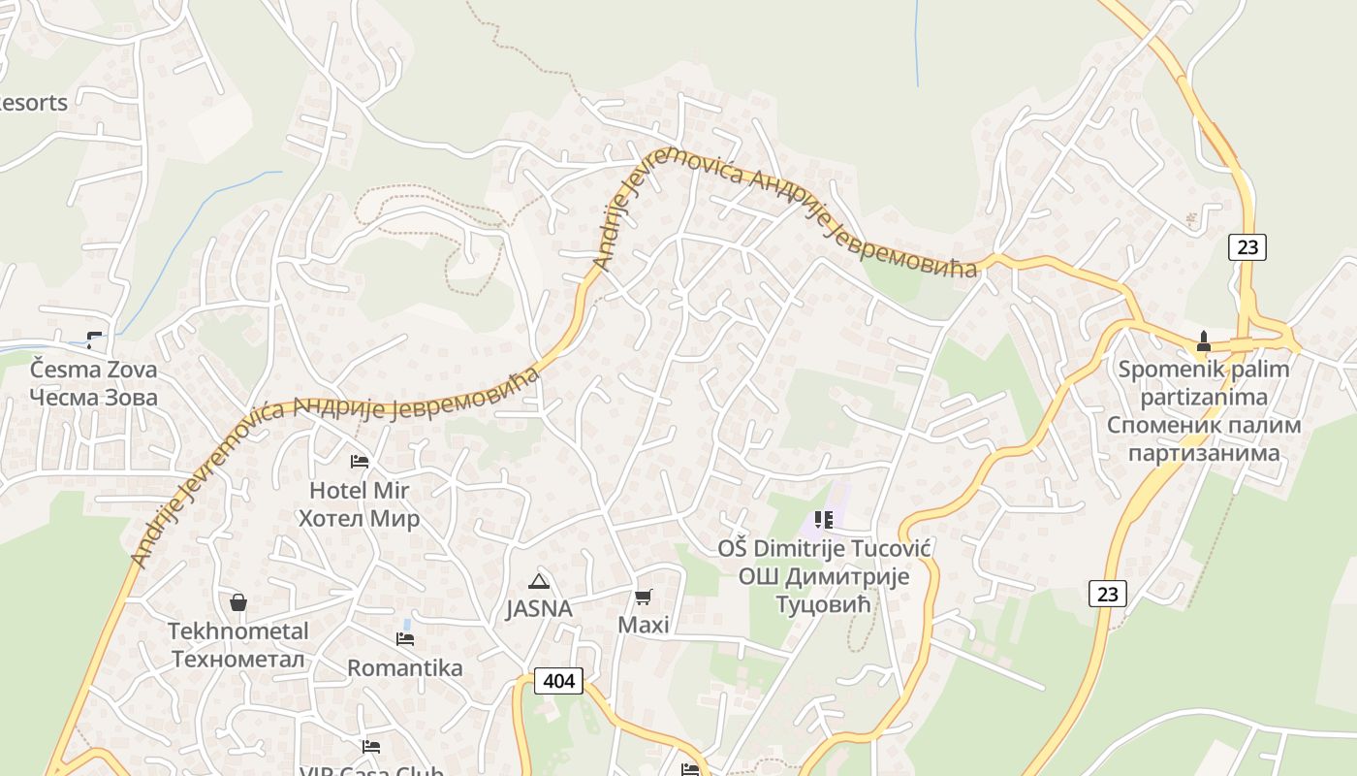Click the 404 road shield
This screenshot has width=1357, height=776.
[x=559, y=681]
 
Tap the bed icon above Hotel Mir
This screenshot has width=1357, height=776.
[x=360, y=462]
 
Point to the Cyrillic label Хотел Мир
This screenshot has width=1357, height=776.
[x=359, y=519]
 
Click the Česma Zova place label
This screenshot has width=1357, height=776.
[x=93, y=370]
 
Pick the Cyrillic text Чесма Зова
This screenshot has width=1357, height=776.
[x=93, y=397]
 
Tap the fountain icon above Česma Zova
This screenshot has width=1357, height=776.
[x=94, y=339]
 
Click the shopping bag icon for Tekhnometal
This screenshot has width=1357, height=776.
[x=238, y=602]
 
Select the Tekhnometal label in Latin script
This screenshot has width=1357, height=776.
[x=238, y=631]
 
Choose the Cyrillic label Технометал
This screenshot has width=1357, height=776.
[x=238, y=660]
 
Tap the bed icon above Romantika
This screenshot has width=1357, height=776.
[x=405, y=638]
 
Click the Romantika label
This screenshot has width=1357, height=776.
[x=405, y=668]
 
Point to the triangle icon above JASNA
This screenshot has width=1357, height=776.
[x=539, y=582]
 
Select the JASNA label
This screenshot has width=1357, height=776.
[x=539, y=610]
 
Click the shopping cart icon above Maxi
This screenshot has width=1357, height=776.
[x=644, y=597]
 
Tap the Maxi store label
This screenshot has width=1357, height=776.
[x=644, y=625]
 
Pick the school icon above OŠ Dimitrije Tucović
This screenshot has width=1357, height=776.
[x=824, y=520]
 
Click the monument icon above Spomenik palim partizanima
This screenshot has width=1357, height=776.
[x=1203, y=340]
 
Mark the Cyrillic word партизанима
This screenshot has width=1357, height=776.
[x=1204, y=453]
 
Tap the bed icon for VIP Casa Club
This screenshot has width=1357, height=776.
[x=370, y=746]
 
